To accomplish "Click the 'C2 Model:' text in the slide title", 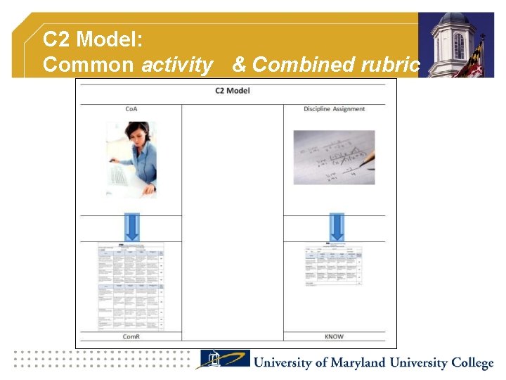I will [93, 39].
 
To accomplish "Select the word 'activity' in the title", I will [177, 65].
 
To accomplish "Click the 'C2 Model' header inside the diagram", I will [232, 91].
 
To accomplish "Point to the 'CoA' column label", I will [131, 109].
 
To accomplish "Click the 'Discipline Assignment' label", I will [334, 109].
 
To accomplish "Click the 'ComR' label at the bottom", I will [131, 336].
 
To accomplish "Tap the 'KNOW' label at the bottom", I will [334, 336].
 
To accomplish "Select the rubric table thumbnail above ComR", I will [131, 285].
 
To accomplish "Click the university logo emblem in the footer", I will [223, 360].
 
